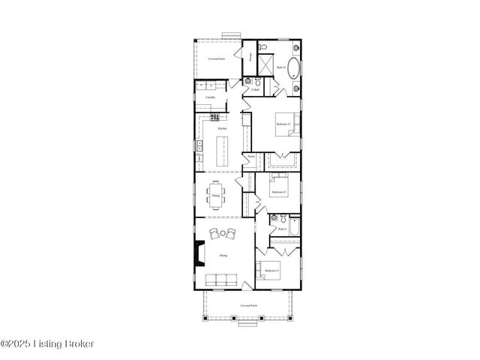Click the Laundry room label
coord(211,97)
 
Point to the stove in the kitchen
coord(214,117)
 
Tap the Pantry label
coord(251,156)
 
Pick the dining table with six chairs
coord(216,195)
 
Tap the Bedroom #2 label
coord(277,192)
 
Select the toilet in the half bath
coord(248,82)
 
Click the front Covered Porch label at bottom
coord(248,306)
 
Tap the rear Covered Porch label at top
coord(217,58)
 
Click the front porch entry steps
coord(248,323)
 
